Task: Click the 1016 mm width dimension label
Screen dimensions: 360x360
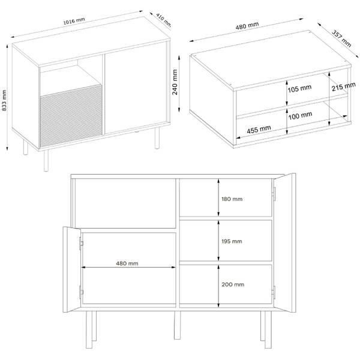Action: tap(74, 20)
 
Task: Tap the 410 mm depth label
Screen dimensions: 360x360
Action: tap(164, 20)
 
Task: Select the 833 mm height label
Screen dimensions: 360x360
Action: tap(4, 100)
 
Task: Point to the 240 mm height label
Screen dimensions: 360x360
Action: tap(175, 82)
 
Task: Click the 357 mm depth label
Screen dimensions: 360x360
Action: tap(341, 38)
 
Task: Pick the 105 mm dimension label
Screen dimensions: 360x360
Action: tap(299, 88)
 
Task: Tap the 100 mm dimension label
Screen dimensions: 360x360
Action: tap(301, 116)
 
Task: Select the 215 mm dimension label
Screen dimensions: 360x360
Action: tap(344, 86)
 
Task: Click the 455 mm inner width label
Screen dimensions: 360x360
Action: tap(259, 130)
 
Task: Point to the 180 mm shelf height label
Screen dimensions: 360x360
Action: tap(232, 199)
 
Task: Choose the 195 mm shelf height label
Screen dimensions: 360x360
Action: tap(232, 241)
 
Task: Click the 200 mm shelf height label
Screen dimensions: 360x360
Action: tap(233, 284)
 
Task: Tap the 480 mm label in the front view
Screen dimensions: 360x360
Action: tap(127, 263)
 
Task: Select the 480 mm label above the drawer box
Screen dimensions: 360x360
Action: tap(247, 26)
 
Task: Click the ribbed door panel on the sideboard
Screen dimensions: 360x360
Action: tap(71, 116)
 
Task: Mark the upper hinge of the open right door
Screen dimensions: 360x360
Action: tap(274, 194)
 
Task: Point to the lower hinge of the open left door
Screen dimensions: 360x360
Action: tap(81, 292)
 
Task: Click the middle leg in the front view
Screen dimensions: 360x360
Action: tap(177, 325)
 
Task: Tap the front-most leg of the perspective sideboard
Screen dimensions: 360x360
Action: tap(46, 161)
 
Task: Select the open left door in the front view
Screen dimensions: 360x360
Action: tap(71, 269)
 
